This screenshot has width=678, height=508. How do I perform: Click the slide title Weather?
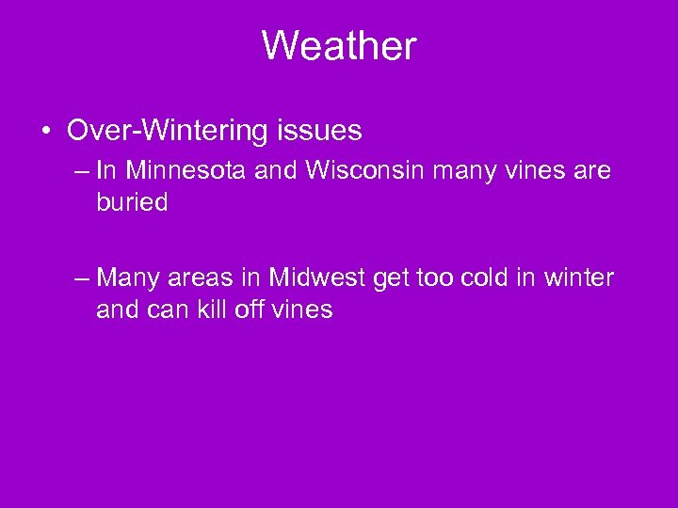(x=338, y=45)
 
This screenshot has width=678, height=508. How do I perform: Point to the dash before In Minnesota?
(x=82, y=172)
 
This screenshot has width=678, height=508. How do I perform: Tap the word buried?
(x=132, y=202)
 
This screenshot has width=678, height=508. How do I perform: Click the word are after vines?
(x=589, y=171)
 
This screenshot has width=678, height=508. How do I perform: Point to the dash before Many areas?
(x=82, y=278)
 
